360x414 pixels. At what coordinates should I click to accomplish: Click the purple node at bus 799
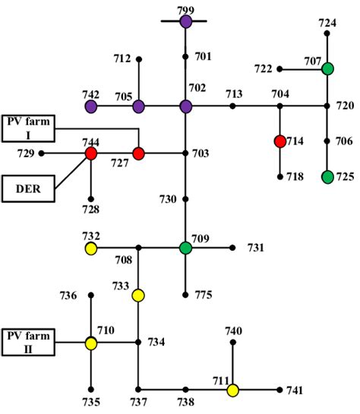coord(186,21)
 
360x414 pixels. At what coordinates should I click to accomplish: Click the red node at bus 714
coord(280,141)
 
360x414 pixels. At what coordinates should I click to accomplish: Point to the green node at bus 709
coord(186,248)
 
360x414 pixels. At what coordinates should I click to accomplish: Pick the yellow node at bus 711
coord(233,390)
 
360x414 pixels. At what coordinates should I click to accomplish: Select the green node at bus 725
coord(327,177)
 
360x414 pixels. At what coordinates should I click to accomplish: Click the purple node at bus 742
coord(91,106)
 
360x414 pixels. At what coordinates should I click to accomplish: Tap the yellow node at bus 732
coord(91,248)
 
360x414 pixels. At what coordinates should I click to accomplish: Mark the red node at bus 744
coord(91,153)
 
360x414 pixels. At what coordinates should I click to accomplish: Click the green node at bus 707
coord(327,69)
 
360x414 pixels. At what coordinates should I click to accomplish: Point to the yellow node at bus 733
coord(138,295)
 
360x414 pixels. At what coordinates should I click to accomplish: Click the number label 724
coord(327,23)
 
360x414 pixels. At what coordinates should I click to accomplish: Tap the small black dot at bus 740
coord(233,343)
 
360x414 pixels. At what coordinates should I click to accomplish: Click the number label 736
coord(69,295)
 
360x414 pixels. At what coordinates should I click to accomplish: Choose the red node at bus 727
coord(138,153)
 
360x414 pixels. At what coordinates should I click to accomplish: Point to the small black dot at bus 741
coord(280,390)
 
